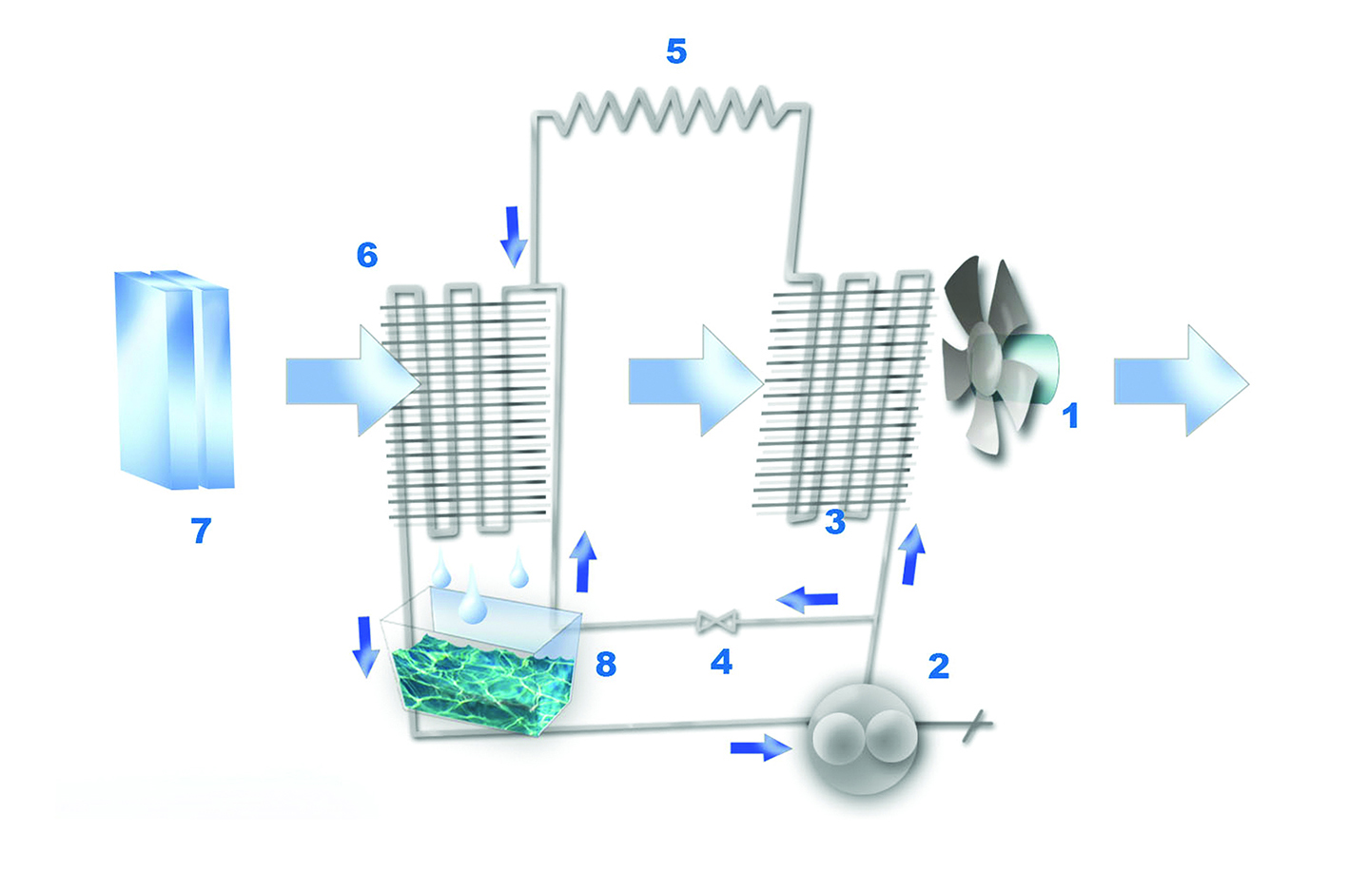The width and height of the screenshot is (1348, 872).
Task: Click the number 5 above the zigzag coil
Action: [676, 51]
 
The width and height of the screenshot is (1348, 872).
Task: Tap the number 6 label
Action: [367, 255]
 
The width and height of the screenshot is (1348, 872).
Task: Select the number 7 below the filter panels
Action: [202, 531]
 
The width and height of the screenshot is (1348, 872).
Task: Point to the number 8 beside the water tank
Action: [606, 664]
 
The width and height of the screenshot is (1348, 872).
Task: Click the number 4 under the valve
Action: [721, 662]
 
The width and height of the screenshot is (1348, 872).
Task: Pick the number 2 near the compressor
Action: [939, 666]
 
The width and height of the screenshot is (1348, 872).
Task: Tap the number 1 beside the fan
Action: [1070, 416]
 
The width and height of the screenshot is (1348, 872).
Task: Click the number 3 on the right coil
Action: [835, 521]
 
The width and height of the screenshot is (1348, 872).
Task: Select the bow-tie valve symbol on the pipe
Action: [716, 621]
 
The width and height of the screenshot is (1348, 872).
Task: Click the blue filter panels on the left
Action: [174, 379]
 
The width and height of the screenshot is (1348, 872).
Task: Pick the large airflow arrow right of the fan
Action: [1182, 380]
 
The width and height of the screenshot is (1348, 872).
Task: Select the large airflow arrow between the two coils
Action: [695, 380]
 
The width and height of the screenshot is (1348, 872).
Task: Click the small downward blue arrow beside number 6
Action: [514, 237]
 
